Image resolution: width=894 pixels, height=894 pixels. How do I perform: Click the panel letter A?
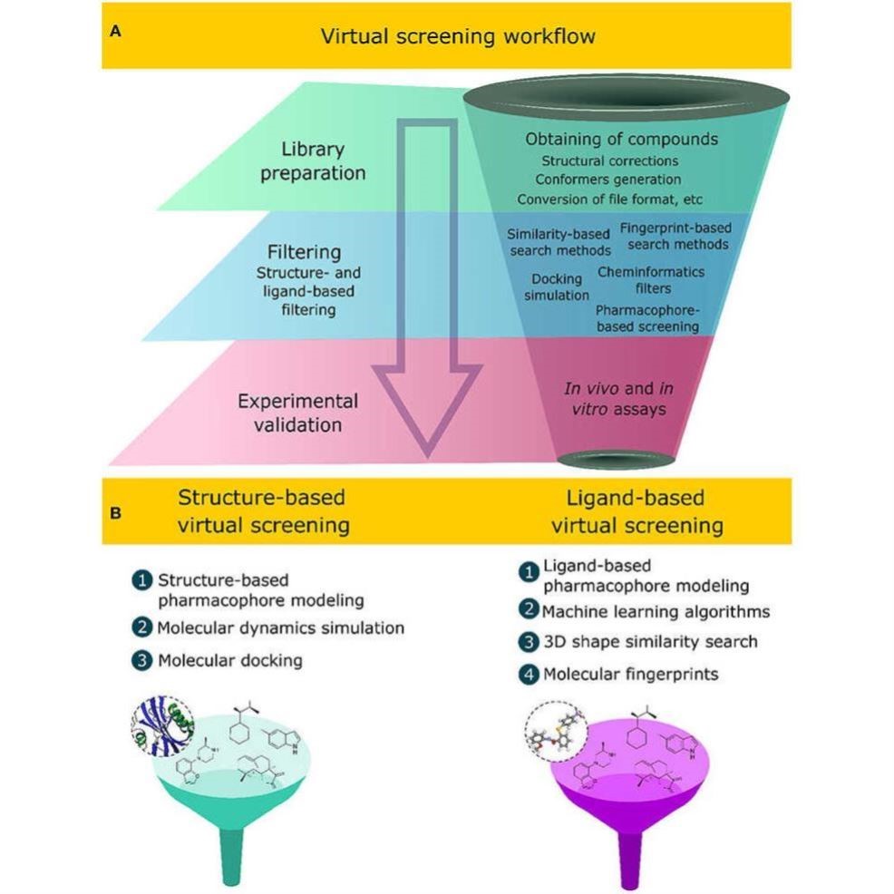115,31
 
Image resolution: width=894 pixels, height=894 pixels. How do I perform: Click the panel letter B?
115,512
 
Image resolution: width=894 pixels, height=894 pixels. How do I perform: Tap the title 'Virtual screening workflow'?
458,36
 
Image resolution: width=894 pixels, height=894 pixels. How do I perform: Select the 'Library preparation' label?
313,160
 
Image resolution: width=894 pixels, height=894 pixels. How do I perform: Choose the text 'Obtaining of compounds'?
621,139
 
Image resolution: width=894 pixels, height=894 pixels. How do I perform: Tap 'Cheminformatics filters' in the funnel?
651,279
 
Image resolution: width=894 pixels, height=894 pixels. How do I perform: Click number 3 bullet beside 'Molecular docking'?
142,661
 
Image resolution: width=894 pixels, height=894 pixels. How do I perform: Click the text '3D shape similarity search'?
649,642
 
